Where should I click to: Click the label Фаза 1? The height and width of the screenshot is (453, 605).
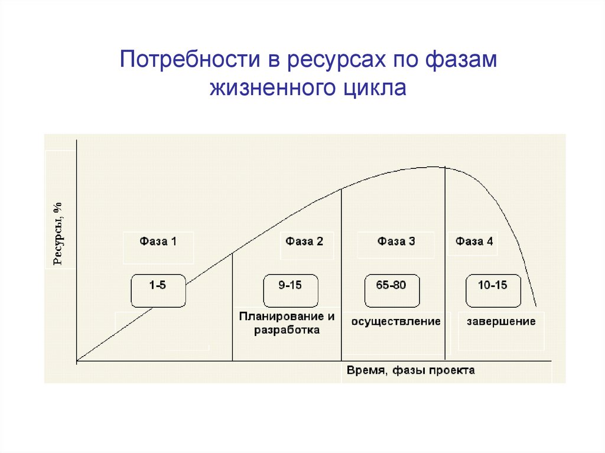[x=158, y=241]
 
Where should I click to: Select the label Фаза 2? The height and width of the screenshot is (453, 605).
[x=304, y=241]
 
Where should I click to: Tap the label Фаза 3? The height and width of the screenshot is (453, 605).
[x=396, y=241]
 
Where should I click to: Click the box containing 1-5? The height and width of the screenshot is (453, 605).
[x=158, y=290]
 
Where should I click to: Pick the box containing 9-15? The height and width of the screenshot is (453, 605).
[x=290, y=290]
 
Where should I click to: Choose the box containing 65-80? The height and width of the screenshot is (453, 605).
[x=391, y=290]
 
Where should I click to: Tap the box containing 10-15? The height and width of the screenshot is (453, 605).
[x=493, y=290]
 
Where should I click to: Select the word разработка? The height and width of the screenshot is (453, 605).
[x=287, y=330]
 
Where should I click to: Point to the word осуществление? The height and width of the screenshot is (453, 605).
[x=396, y=322]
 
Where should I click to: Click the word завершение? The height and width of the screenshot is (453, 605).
[x=501, y=322]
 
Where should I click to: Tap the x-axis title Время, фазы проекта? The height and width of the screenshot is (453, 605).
[x=411, y=371]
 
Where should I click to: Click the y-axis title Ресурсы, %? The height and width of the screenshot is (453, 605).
[x=58, y=234]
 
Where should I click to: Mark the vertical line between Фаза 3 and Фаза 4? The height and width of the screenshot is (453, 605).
[x=445, y=266]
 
